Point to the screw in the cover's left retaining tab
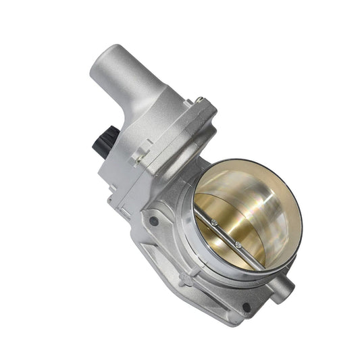click(x=140, y=159)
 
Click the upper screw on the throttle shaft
click(x=214, y=222)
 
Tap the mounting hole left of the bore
click(x=155, y=220)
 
